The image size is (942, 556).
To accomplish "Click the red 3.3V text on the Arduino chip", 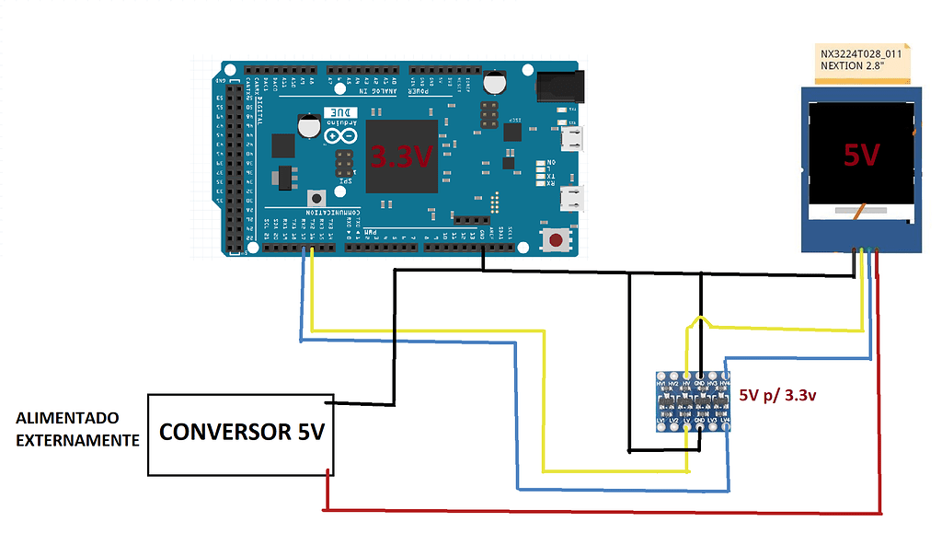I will pyautogui.click(x=401, y=156).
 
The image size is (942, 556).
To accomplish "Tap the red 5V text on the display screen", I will pyautogui.click(x=862, y=155).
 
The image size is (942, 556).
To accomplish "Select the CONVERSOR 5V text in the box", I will pyautogui.click(x=241, y=432).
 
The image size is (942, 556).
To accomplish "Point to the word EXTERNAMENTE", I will pyautogui.click(x=77, y=440).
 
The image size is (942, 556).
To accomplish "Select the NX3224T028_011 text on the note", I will pyautogui.click(x=861, y=54).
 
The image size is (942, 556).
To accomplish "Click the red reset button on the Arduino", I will pyautogui.click(x=557, y=241).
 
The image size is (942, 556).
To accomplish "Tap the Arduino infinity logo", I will pyautogui.click(x=339, y=135).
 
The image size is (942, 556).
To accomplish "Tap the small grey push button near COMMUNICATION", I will pyautogui.click(x=317, y=198).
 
